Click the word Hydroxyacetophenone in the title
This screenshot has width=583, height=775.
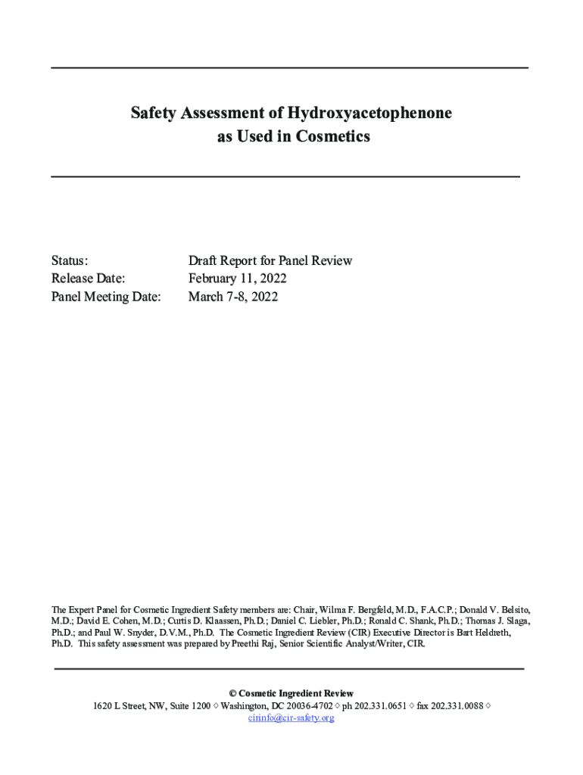[x=369, y=114]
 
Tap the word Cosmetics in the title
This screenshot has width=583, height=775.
[x=334, y=137]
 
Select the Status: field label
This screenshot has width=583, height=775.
[x=70, y=260]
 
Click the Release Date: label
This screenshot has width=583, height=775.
[x=88, y=279]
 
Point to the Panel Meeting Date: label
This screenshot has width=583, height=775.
[x=106, y=297]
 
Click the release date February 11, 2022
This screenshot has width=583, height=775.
[x=237, y=279]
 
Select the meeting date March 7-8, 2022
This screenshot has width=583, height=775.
[x=232, y=297]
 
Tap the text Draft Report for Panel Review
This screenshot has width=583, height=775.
[x=270, y=260]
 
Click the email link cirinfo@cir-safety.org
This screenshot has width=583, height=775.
[x=291, y=717]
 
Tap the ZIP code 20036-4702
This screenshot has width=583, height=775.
[x=307, y=705]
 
